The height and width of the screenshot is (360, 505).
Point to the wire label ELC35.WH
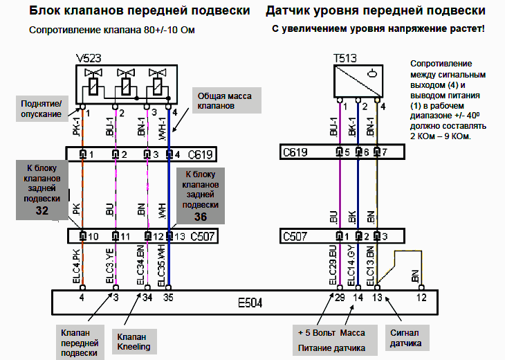pyautogui.click(x=163, y=266)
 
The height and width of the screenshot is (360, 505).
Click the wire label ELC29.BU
pyautogui.click(x=334, y=266)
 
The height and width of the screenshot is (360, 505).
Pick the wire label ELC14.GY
pyautogui.click(x=352, y=266)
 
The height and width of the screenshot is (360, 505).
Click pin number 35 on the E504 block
pyautogui.click(x=167, y=298)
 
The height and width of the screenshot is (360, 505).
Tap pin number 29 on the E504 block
pyautogui.click(x=338, y=298)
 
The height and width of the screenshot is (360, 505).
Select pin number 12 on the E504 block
pyautogui.click(x=422, y=298)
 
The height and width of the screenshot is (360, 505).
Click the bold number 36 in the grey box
pyautogui.click(x=201, y=216)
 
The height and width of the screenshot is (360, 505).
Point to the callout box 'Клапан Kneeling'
pyautogui.click(x=137, y=341)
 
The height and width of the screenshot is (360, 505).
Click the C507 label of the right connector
pyautogui.click(x=295, y=236)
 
